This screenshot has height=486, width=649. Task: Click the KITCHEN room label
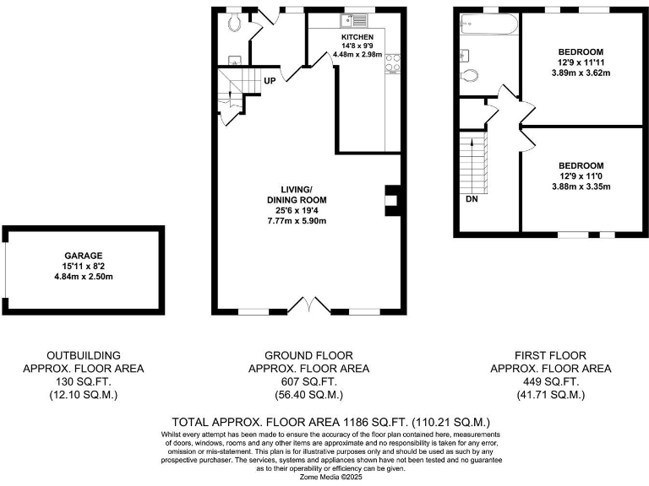click(357, 38)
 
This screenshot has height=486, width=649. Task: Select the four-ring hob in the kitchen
click(393, 64)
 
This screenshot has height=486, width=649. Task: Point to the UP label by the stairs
click(270, 81)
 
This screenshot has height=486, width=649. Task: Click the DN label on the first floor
click(471, 199)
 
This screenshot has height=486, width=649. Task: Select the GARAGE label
click(84, 255)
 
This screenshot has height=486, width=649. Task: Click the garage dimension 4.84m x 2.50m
click(84, 277)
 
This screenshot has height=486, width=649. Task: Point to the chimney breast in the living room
click(391, 201)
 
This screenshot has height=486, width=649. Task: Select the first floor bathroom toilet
click(472, 75)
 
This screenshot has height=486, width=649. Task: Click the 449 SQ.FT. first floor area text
click(550, 381)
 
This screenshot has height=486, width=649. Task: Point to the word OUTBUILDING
click(83, 355)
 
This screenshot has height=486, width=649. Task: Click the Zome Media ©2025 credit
click(324, 477)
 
